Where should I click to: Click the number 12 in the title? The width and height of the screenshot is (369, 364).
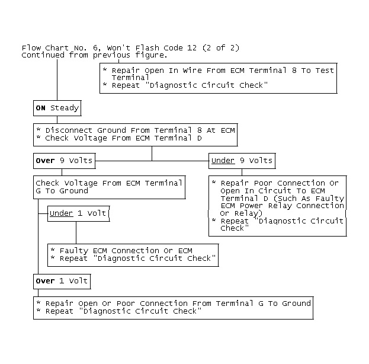(192, 48)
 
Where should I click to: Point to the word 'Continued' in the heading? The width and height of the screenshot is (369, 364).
(43, 55)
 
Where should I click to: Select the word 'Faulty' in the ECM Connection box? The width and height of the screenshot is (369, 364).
(74, 251)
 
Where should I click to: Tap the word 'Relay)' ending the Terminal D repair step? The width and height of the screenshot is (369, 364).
(248, 213)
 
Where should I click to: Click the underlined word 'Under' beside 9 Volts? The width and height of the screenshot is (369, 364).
(223, 161)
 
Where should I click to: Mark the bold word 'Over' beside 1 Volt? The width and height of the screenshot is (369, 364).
(45, 281)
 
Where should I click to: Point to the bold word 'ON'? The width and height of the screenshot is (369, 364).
(40, 108)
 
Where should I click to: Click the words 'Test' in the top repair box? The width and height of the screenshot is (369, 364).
(325, 71)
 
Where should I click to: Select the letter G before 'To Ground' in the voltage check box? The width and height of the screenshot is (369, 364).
(38, 191)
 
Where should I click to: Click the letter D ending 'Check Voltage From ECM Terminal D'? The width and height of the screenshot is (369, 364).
(200, 138)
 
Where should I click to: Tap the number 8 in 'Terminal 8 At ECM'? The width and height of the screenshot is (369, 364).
(200, 130)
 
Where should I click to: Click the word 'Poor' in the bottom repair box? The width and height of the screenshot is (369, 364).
(126, 304)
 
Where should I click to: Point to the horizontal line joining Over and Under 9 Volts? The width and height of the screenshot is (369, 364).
(152, 161)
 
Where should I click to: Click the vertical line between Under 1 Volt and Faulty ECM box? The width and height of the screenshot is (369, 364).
(76, 233)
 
